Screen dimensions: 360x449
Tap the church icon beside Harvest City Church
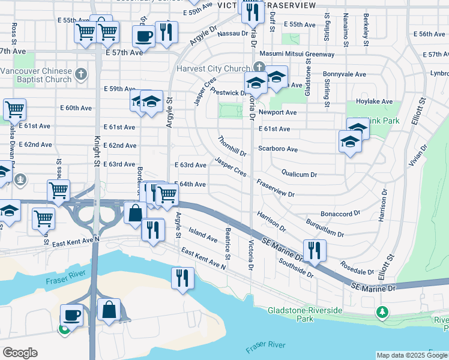pyautogui.click(x=259, y=67)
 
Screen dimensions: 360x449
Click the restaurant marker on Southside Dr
pyautogui.click(x=314, y=250)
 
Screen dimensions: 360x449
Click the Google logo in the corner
pyautogui.click(x=20, y=353)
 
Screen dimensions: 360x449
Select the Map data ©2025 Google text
pyautogui.click(x=411, y=355)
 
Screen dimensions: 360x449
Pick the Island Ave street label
pyautogui.click(x=203, y=235)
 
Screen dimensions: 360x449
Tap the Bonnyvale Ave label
pyautogui.click(x=344, y=74)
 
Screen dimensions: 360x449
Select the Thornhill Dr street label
pyautogui.click(x=232, y=145)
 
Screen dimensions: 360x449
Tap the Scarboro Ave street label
pyautogui.click(x=278, y=149)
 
